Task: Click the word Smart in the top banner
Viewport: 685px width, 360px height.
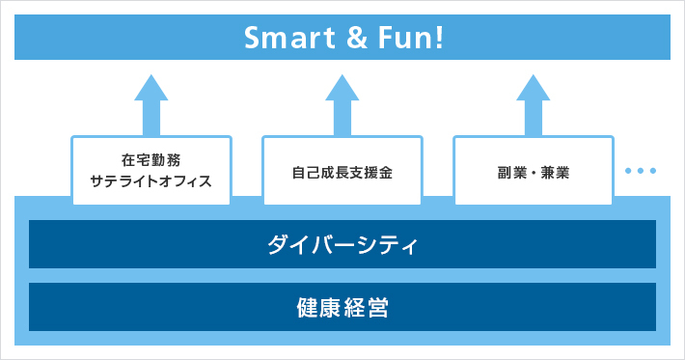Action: (281, 39)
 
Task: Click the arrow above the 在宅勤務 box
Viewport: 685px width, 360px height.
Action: (151, 103)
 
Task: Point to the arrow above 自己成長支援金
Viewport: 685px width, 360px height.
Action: (342, 103)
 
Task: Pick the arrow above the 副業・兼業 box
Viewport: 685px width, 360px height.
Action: (534, 103)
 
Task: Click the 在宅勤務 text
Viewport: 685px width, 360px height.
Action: (151, 160)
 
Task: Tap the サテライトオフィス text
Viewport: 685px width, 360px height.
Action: (151, 180)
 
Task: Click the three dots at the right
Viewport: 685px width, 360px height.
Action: (641, 172)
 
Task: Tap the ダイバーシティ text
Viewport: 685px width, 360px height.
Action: (342, 244)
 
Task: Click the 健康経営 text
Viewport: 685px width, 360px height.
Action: (342, 307)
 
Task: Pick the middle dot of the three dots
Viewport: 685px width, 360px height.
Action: (641, 172)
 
